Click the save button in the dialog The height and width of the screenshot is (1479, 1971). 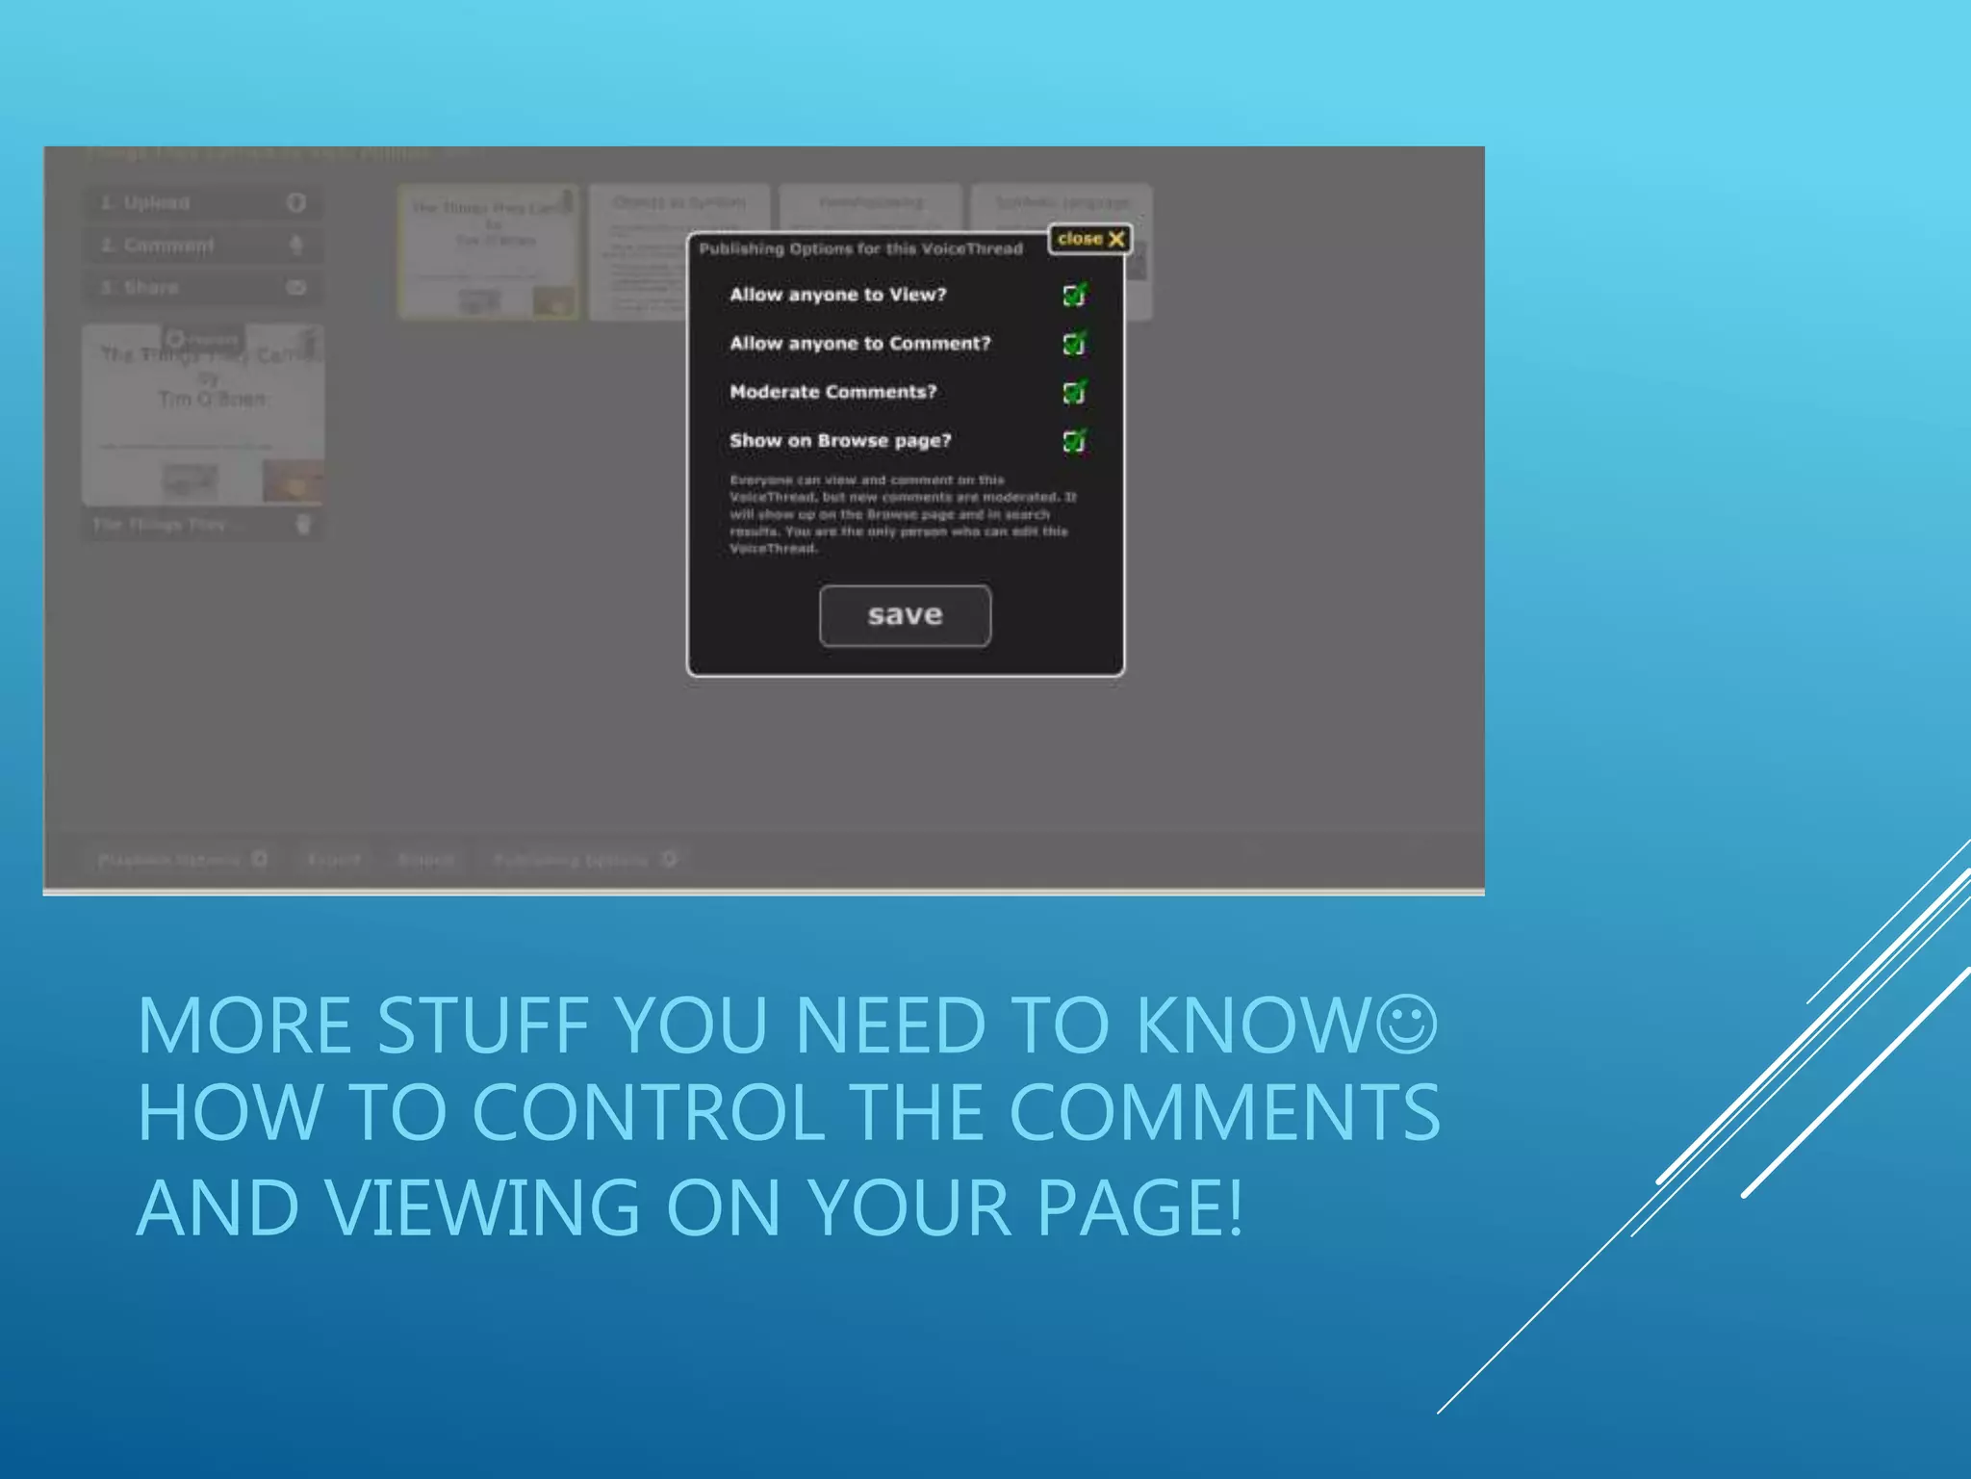(x=905, y=615)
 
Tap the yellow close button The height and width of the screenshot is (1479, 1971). (x=1089, y=239)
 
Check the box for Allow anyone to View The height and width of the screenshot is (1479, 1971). (x=1074, y=295)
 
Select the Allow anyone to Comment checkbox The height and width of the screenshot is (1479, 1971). (x=1074, y=344)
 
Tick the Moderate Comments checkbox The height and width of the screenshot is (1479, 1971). (x=1074, y=392)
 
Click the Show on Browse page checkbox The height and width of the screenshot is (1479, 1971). (x=1074, y=441)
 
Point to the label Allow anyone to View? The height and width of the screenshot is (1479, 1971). (x=837, y=295)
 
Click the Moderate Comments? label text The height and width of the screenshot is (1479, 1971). (x=832, y=392)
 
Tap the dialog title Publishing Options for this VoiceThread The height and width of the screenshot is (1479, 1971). (x=860, y=249)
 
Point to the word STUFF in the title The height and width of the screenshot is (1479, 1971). (x=482, y=1026)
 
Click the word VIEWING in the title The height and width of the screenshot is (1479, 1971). (x=481, y=1207)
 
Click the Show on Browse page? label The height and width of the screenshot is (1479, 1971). (x=840, y=441)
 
